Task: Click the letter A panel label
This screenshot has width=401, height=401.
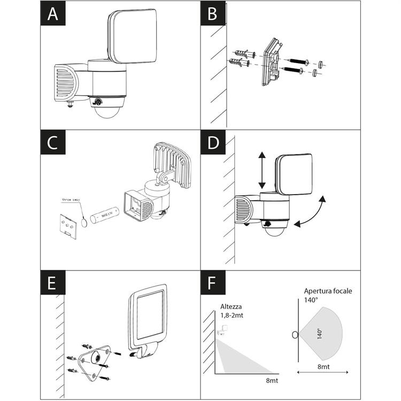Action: point(52,14)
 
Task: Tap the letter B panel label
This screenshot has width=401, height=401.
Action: point(213,14)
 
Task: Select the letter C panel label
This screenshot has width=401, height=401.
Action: point(52,143)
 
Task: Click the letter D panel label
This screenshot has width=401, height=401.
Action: point(213,143)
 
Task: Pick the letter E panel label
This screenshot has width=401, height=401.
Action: point(52,283)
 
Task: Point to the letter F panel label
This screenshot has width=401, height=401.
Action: point(213,283)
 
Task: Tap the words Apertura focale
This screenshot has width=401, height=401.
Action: point(328,291)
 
